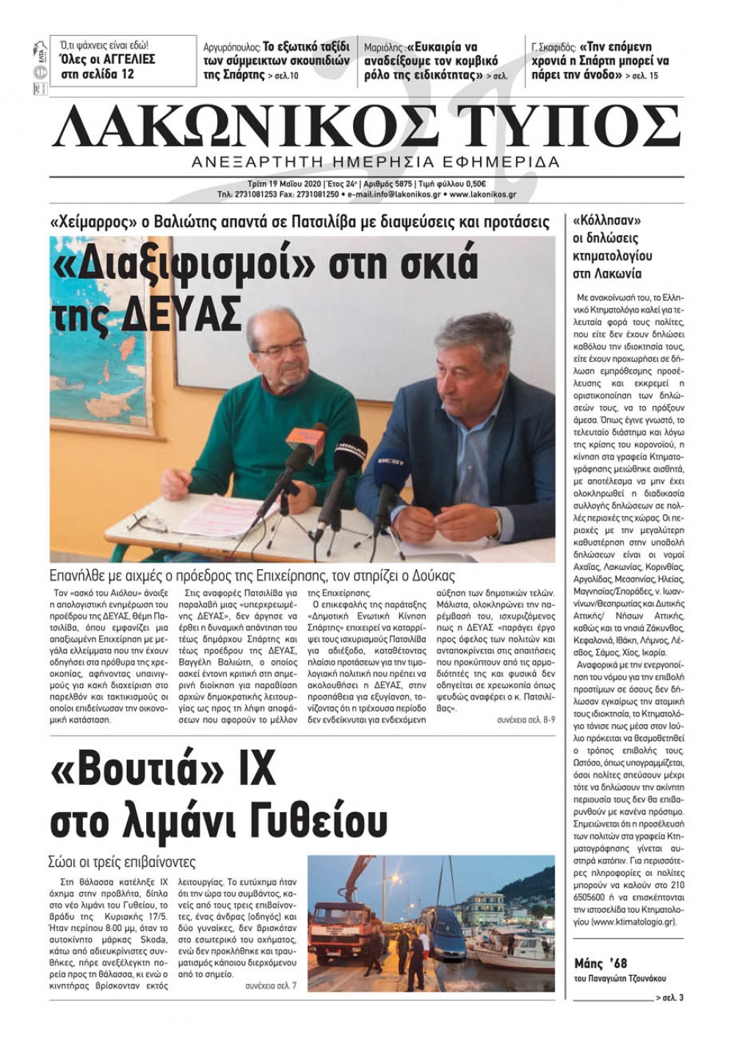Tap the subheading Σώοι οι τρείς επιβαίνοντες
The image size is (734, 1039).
coord(123,862)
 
